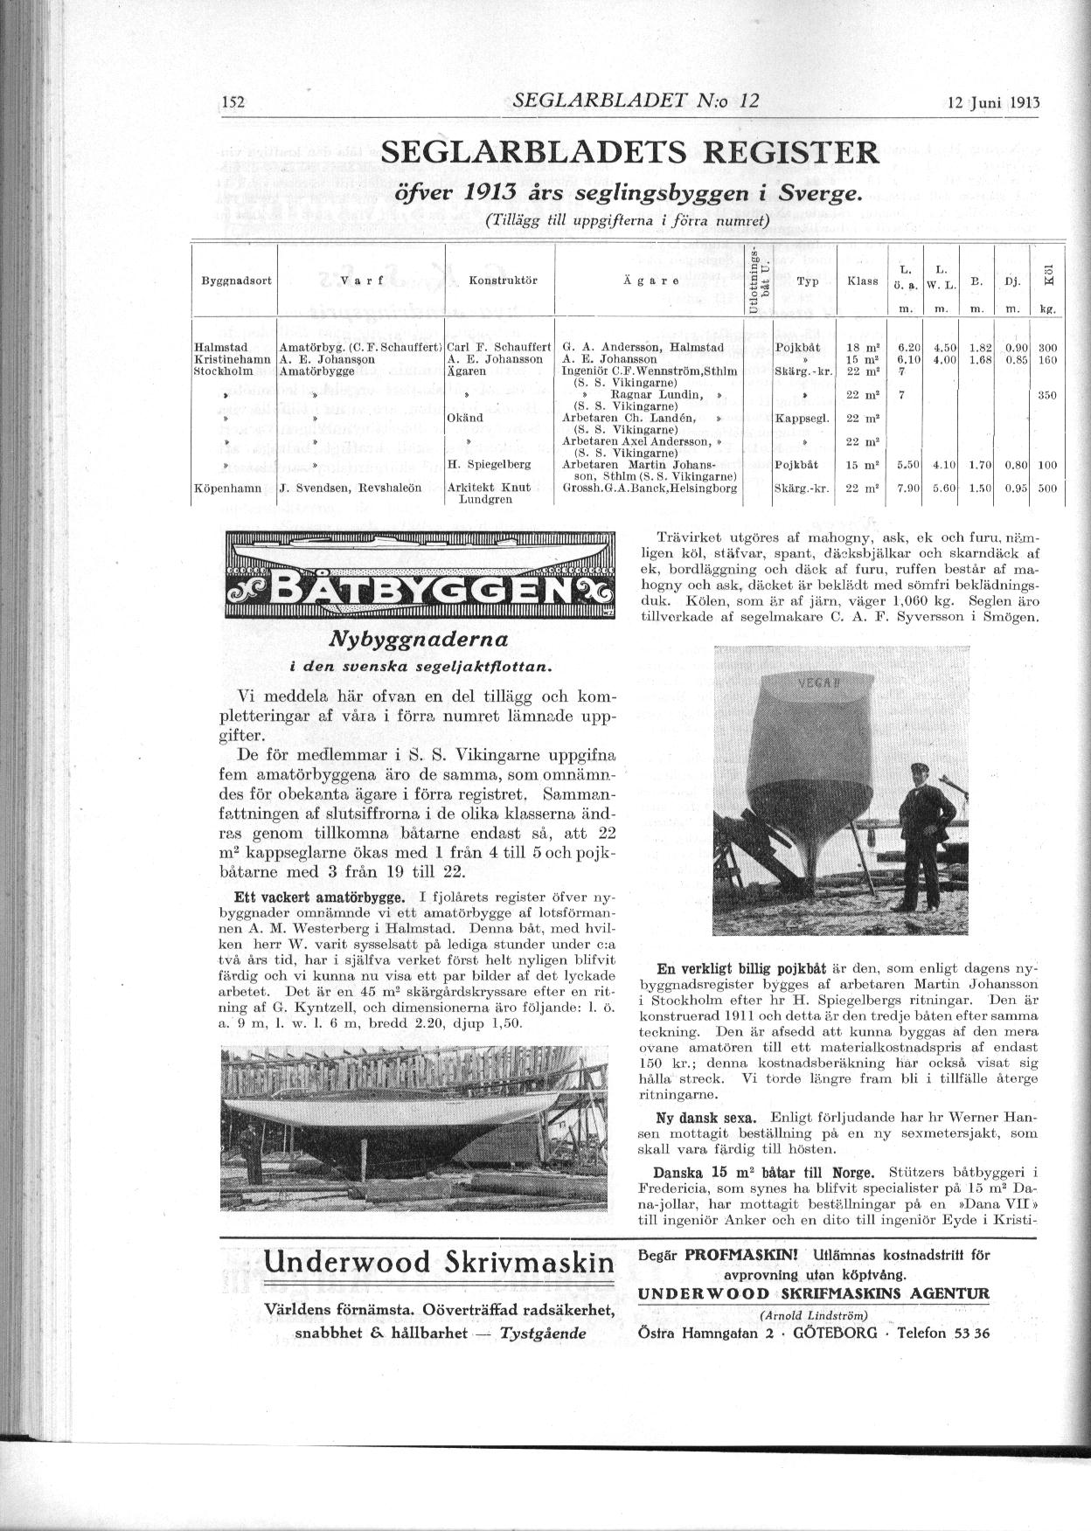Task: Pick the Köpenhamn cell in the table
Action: click(x=227, y=488)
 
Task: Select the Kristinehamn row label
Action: click(x=232, y=359)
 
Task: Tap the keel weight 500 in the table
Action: click(x=1047, y=488)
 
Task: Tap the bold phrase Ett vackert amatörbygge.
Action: click(x=319, y=897)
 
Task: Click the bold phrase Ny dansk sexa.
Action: click(x=707, y=1118)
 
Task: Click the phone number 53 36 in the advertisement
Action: click(x=972, y=1334)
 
